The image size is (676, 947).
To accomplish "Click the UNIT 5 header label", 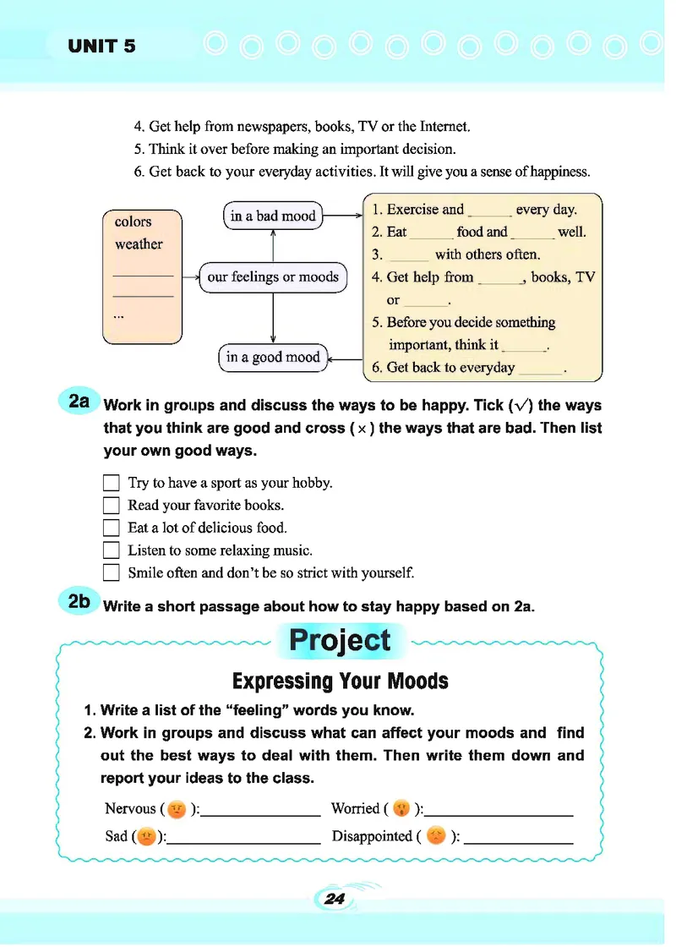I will [x=101, y=47].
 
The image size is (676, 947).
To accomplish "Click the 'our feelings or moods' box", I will [x=272, y=277].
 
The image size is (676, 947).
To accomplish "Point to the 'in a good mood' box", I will [x=272, y=357].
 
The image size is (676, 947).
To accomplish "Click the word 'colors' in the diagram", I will [x=133, y=222].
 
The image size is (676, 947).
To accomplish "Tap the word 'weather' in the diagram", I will [x=139, y=244].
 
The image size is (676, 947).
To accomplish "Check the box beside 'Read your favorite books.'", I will [x=111, y=506].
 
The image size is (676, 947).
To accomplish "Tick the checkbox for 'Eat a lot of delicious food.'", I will [x=111, y=528].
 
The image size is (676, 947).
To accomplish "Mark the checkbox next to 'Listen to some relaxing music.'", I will [x=111, y=550].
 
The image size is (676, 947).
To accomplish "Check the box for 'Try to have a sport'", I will [x=111, y=484].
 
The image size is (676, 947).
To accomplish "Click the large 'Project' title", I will [x=340, y=640].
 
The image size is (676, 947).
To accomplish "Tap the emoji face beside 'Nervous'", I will [x=177, y=809].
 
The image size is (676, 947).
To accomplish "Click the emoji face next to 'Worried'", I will [x=401, y=809].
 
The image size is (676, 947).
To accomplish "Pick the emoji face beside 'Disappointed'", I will [x=435, y=837].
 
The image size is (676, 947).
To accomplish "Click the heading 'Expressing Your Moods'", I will [x=340, y=682].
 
